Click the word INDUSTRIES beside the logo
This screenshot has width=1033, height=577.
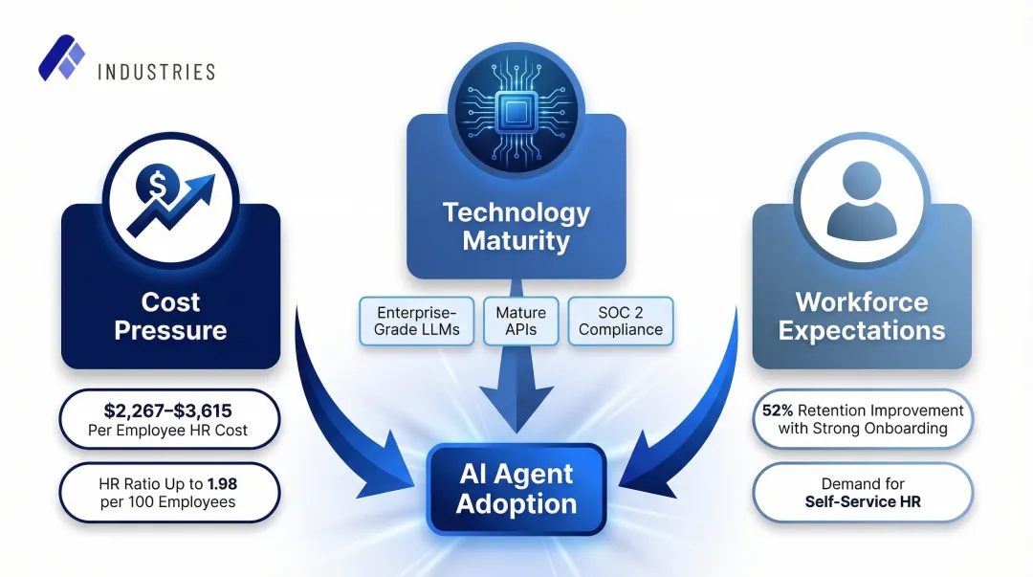coord(156,72)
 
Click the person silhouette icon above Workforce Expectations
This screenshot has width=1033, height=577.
coord(861,204)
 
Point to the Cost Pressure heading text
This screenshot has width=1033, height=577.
coord(170,317)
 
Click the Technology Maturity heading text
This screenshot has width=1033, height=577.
coord(516,226)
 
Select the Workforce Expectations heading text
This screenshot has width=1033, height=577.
coord(862,317)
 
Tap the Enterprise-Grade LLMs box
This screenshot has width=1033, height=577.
coord(418,322)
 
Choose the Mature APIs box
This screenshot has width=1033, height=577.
coord(521,322)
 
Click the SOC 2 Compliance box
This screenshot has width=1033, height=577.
coord(621,322)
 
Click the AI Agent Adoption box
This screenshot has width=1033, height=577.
coord(516,489)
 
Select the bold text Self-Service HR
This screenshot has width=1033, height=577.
coord(863,501)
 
